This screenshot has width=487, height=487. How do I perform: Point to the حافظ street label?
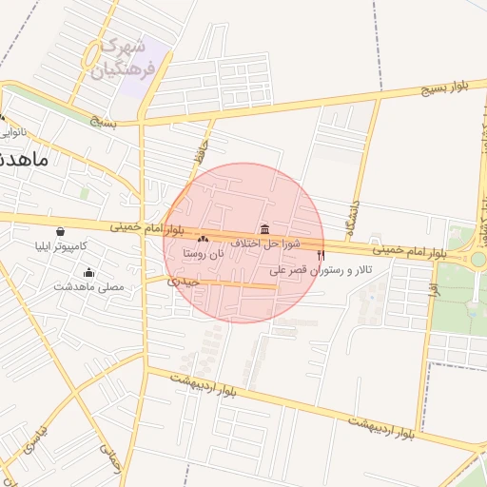pyautogui.click(x=199, y=148)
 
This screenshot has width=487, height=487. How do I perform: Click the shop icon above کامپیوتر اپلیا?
pyautogui.click(x=61, y=231)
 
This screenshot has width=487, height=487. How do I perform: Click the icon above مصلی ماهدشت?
pyautogui.click(x=88, y=272)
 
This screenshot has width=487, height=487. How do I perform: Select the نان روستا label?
pyautogui.click(x=205, y=253)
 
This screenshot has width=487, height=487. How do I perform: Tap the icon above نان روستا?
pyautogui.click(x=203, y=239)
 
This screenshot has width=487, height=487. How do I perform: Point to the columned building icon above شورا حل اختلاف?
pyautogui.click(x=263, y=230)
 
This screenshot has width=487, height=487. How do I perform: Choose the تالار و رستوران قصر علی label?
pyautogui.click(x=321, y=270)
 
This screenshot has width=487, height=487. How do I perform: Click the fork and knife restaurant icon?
pyautogui.click(x=321, y=255)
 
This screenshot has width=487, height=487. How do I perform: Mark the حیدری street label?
pyautogui.click(x=182, y=282)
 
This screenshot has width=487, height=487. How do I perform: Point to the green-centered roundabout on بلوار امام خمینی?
pyautogui.click(x=477, y=259)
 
